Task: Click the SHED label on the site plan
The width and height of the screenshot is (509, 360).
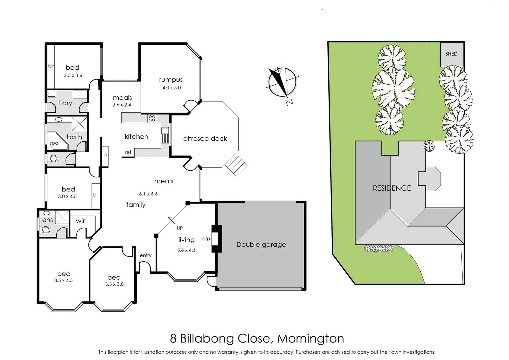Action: click(451, 54)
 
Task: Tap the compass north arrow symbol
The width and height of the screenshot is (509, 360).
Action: click(282, 82)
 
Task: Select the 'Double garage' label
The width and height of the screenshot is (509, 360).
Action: click(261, 245)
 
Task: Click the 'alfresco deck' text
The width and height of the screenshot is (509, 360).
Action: click(205, 139)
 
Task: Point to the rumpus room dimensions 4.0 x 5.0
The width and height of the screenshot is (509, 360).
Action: click(171, 88)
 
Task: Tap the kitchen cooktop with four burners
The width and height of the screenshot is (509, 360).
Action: click(152, 118)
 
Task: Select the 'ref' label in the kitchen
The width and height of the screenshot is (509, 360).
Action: click(128, 152)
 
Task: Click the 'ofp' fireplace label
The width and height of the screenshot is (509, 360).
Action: click(206, 239)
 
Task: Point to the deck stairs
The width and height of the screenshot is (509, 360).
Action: click(236, 164)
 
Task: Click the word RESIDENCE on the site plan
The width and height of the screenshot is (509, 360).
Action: click(392, 188)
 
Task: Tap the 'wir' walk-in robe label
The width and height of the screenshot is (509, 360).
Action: click(80, 221)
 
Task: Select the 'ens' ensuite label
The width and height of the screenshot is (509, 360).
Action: click(47, 220)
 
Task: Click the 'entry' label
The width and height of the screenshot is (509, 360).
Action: click(145, 255)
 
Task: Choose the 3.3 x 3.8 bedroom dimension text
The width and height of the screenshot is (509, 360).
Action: click(114, 284)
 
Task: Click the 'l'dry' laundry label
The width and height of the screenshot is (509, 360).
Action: click(65, 103)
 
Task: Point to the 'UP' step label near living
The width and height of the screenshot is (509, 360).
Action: click(180, 228)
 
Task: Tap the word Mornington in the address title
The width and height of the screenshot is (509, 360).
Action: click(310, 338)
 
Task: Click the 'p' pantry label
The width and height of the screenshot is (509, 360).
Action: click(105, 155)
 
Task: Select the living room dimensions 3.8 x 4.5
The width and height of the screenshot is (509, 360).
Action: click(186, 250)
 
